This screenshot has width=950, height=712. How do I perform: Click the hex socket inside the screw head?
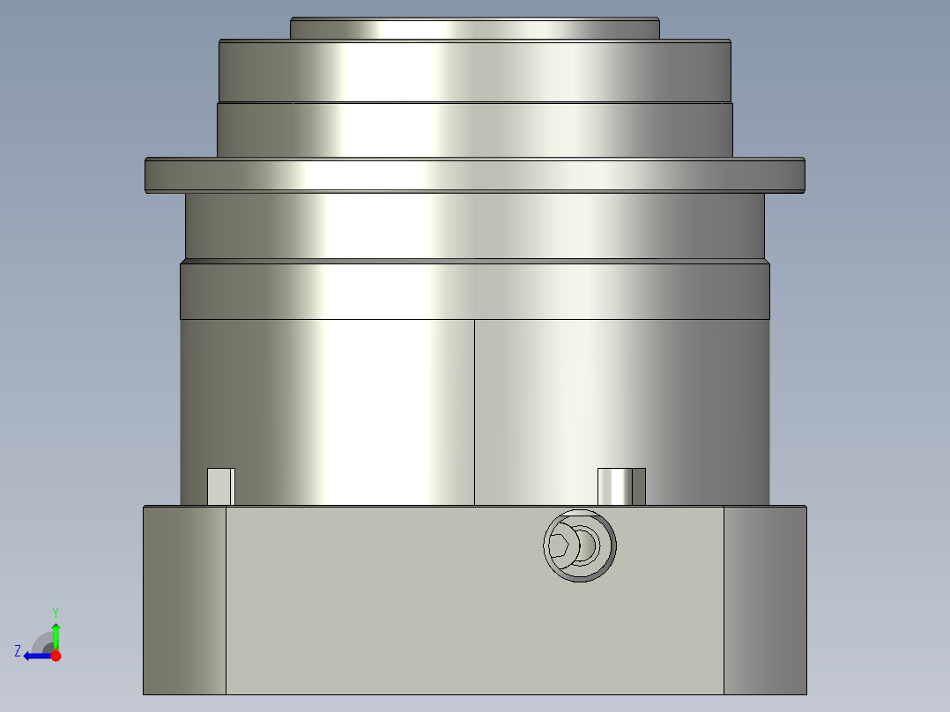[560, 546]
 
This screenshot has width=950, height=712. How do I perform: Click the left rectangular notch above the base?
[220, 486]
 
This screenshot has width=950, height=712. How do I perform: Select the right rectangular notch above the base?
[621, 486]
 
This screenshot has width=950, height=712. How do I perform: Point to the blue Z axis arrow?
[35, 655]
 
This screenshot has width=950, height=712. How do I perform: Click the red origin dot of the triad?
[56, 656]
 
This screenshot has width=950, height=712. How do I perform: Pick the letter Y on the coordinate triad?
[56, 612]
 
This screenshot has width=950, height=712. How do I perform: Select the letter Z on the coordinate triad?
[18, 651]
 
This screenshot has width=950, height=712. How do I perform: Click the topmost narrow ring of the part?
[474, 29]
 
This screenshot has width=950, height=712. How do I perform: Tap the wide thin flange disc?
[474, 175]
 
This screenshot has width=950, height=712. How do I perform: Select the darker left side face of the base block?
[184, 599]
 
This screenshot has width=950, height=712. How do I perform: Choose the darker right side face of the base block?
[764, 599]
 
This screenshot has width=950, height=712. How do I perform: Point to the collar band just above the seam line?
[474, 290]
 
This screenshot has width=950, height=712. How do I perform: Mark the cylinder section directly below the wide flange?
[474, 226]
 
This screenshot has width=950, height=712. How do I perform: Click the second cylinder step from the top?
[474, 70]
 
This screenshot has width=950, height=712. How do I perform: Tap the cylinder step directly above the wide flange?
[474, 130]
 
